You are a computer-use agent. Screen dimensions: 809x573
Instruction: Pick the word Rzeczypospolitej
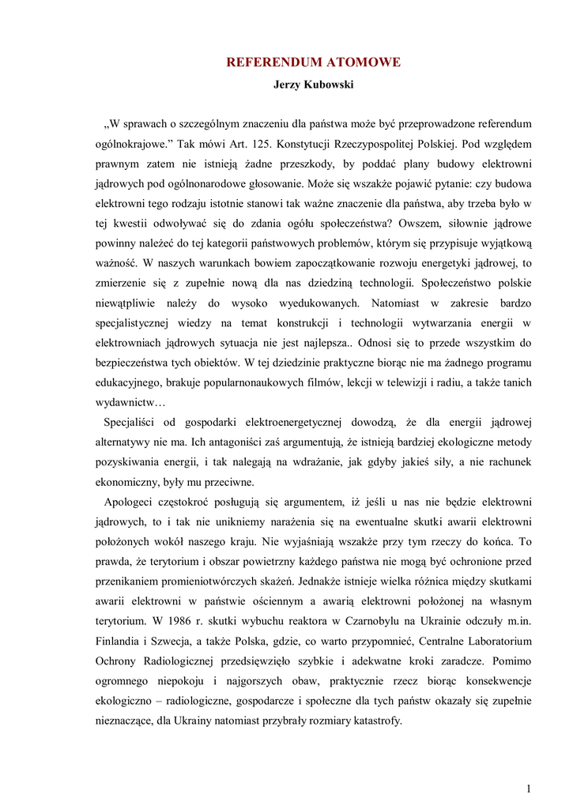point(379,145)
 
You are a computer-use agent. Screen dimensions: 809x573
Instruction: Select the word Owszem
point(430,224)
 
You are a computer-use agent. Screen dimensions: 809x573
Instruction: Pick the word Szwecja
point(190,640)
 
